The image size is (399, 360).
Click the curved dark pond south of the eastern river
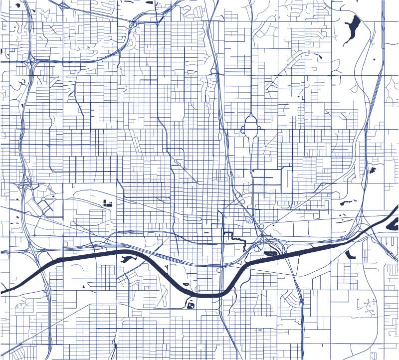[x=350, y=255]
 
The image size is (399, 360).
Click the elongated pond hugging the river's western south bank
[x=127, y=258]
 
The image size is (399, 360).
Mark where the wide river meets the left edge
[x=2, y=291]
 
